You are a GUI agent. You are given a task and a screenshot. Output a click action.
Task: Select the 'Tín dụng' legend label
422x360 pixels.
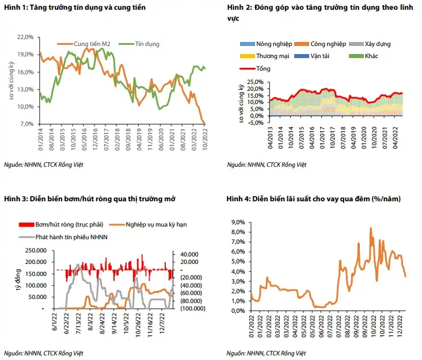click(147, 44)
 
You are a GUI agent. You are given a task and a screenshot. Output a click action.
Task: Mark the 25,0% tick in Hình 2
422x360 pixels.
click(254, 83)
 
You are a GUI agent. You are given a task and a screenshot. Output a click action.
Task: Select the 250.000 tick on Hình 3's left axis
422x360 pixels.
click(37, 250)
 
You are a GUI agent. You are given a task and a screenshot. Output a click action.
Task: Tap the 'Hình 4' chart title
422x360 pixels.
click(314, 198)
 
